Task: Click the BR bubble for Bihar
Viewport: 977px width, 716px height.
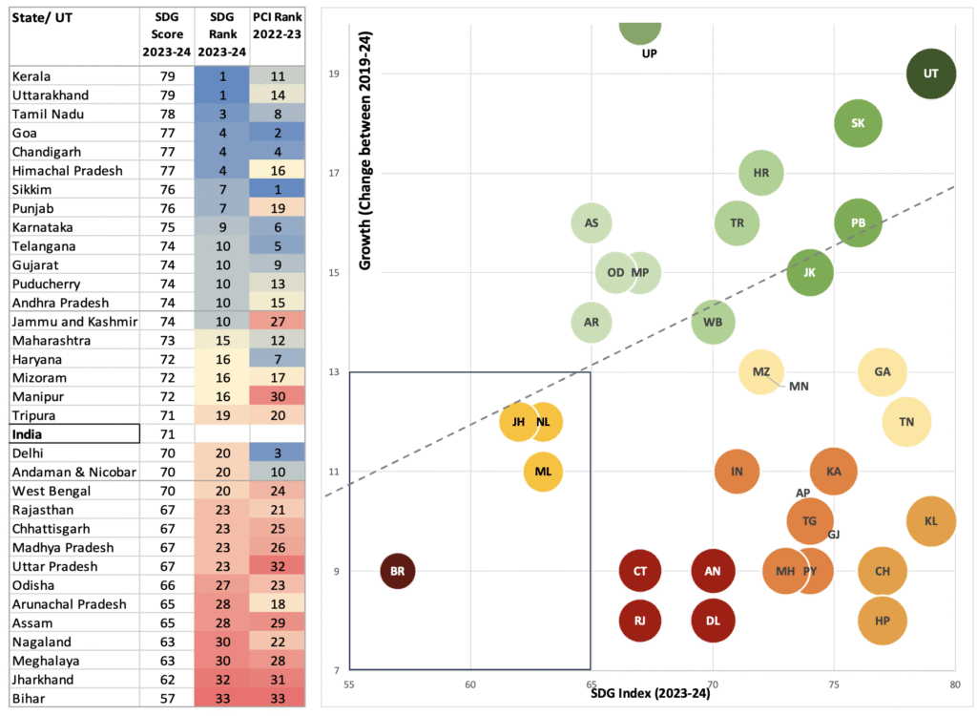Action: click(x=398, y=571)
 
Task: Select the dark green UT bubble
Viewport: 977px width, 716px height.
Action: click(x=931, y=74)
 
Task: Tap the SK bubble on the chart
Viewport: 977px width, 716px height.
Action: click(x=858, y=123)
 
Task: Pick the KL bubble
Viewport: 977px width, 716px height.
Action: click(x=931, y=521)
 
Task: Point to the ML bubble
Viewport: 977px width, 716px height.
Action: click(x=543, y=471)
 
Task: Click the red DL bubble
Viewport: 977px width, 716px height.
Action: click(x=712, y=621)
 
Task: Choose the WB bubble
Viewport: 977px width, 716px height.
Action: click(x=713, y=322)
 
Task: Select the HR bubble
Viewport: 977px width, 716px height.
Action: click(x=761, y=173)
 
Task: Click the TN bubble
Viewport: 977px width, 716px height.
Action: click(x=906, y=421)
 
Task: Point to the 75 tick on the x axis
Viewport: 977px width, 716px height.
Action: click(x=834, y=684)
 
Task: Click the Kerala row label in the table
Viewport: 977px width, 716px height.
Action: click(x=31, y=76)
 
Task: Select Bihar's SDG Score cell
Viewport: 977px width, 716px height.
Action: click(x=167, y=699)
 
